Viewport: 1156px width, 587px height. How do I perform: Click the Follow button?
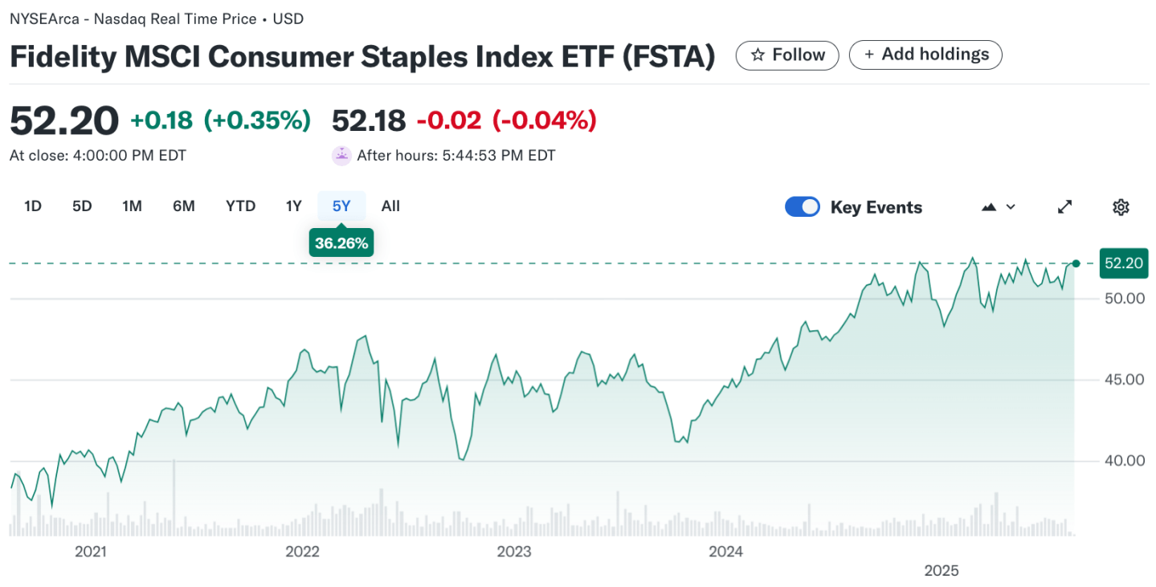[787, 55]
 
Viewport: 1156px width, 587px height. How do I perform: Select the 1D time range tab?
[33, 206]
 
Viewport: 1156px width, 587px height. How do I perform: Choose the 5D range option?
[82, 206]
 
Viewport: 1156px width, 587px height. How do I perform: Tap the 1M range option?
[132, 206]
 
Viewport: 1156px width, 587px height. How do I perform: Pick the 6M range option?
[184, 206]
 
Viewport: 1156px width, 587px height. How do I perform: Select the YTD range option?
[240, 206]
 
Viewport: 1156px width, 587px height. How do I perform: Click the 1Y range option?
[294, 206]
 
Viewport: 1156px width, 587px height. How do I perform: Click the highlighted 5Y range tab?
[341, 206]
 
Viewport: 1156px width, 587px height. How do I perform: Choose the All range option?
[390, 206]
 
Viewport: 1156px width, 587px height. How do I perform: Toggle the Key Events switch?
[803, 207]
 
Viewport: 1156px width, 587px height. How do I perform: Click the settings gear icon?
[1121, 207]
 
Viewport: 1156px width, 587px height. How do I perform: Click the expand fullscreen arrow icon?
[1064, 207]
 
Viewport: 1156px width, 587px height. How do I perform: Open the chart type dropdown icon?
[999, 207]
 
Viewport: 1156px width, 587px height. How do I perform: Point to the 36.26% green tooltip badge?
[341, 243]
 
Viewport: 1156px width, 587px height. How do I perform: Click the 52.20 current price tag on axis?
[1124, 263]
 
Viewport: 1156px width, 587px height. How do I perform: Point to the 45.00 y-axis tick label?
[1122, 379]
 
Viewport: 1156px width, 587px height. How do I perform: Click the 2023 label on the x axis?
[514, 552]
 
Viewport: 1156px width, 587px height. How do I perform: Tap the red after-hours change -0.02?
[448, 120]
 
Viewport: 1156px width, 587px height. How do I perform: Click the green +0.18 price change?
[161, 120]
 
